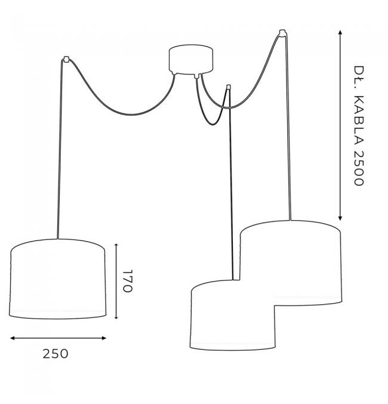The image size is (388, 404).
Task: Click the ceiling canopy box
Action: [x=191, y=60]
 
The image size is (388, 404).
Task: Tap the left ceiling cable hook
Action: [x=66, y=59]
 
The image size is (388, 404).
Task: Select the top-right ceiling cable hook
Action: [x=282, y=33]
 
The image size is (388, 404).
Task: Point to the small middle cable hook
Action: [x=228, y=87]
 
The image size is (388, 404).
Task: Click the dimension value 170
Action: [x=127, y=281]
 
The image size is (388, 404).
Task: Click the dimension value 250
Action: [x=56, y=354]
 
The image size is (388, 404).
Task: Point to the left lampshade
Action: [x=57, y=279]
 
